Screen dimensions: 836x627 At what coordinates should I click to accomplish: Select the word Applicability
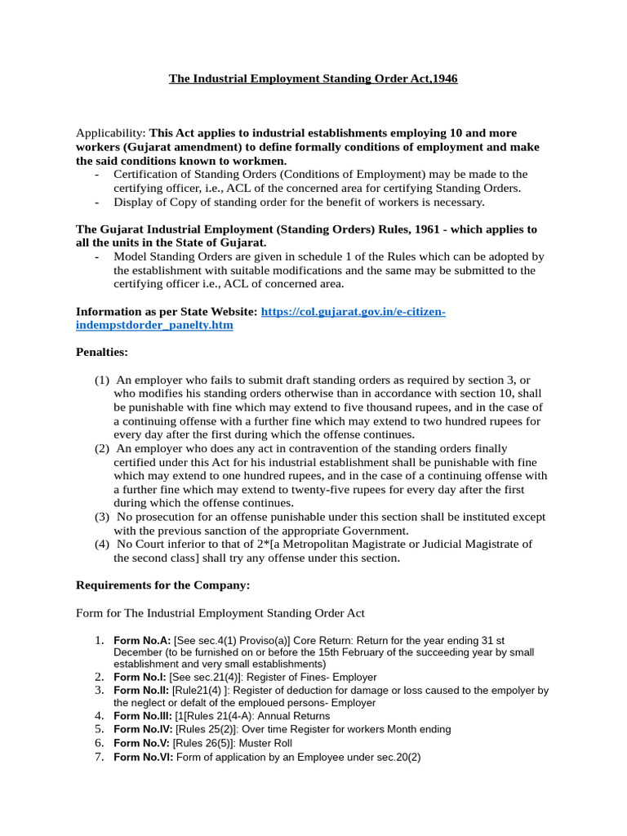pyautogui.click(x=109, y=132)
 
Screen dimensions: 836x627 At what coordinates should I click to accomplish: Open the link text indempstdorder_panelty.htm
pyautogui.click(x=154, y=325)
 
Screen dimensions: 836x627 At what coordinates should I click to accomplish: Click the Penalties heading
pyautogui.click(x=102, y=353)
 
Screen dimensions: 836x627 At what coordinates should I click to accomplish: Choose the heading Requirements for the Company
pyautogui.click(x=162, y=585)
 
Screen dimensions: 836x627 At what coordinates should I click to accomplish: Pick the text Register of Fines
pyautogui.click(x=296, y=677)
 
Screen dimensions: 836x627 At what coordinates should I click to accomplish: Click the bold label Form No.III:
pyautogui.click(x=143, y=715)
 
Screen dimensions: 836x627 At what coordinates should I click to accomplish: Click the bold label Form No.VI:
pyautogui.click(x=144, y=757)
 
